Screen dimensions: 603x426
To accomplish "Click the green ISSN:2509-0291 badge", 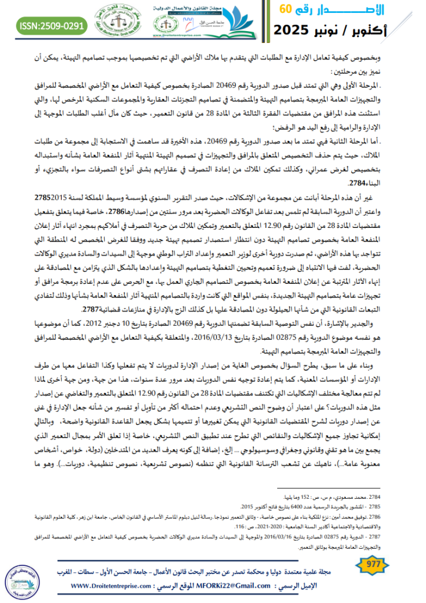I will [x=51, y=26].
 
